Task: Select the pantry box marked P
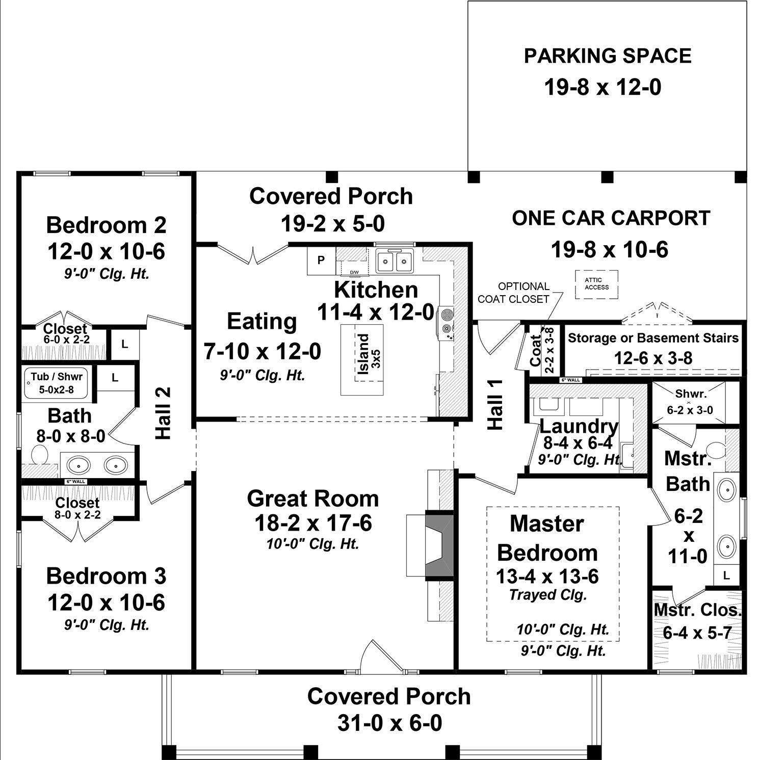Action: click(321, 260)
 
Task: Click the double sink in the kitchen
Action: click(394, 261)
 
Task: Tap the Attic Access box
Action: click(596, 284)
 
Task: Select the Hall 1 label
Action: click(495, 404)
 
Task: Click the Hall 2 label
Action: click(164, 413)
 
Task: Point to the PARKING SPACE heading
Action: click(608, 56)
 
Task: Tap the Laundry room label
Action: click(579, 426)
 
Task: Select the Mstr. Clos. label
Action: click(697, 610)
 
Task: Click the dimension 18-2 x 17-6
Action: click(313, 522)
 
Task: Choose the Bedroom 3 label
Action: click(106, 576)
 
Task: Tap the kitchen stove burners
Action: click(447, 322)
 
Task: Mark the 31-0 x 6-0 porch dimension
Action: click(389, 723)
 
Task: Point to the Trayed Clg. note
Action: click(548, 595)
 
